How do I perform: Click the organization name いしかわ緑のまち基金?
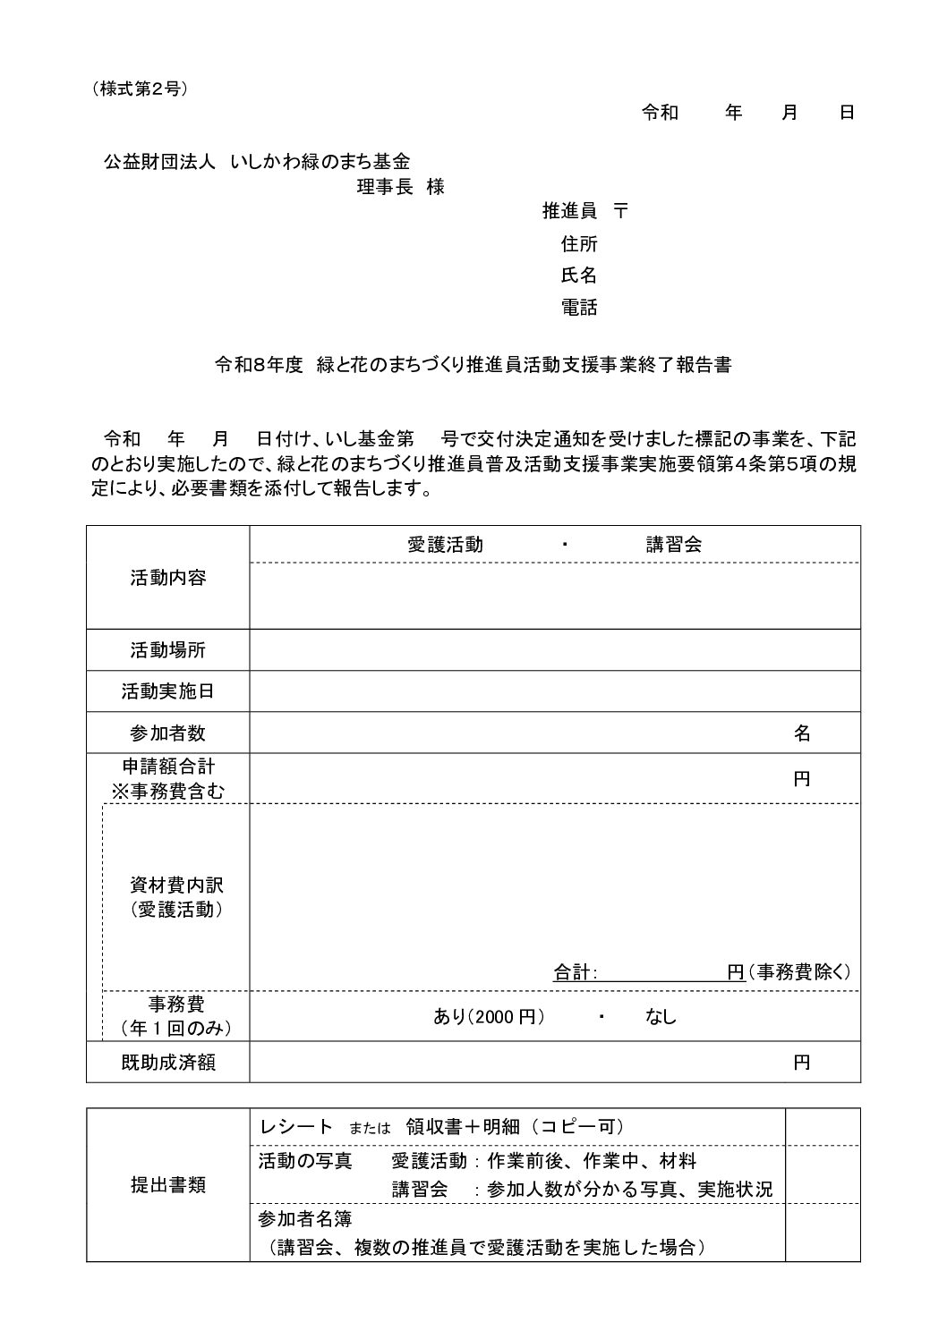pos(320,162)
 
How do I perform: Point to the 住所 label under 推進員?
pos(579,243)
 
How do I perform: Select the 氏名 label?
pos(579,275)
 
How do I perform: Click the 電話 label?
pos(579,308)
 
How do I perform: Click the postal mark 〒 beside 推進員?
pos(621,211)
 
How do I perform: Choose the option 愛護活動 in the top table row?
pos(445,545)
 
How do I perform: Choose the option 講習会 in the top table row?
pos(674,545)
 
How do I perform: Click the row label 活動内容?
pos(168,578)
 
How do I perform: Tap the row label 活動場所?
pos(168,650)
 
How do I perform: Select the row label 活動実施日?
pos(168,691)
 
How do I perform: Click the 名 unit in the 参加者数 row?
pos(802,733)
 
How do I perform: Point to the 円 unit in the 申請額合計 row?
pos(802,778)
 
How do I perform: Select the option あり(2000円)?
pos(490,1016)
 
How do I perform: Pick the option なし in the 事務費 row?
pos(661,1016)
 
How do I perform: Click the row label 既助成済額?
pos(168,1063)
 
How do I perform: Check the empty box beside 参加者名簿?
pos(822,1233)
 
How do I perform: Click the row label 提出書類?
pos(168,1185)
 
